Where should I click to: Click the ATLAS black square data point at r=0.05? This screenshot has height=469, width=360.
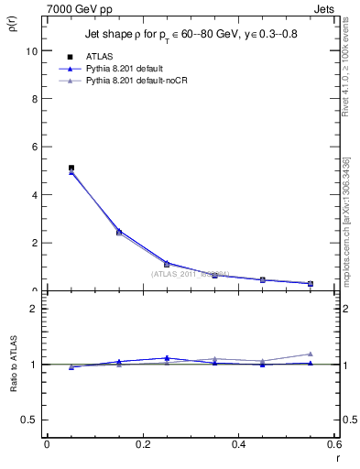tap(71, 168)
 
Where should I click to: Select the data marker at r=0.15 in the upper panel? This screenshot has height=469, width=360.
tap(119, 232)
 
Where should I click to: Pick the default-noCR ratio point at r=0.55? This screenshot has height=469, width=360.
tap(311, 354)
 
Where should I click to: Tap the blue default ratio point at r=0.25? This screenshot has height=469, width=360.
tap(167, 358)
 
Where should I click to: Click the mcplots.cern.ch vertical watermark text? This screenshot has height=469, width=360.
tap(348, 220)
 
